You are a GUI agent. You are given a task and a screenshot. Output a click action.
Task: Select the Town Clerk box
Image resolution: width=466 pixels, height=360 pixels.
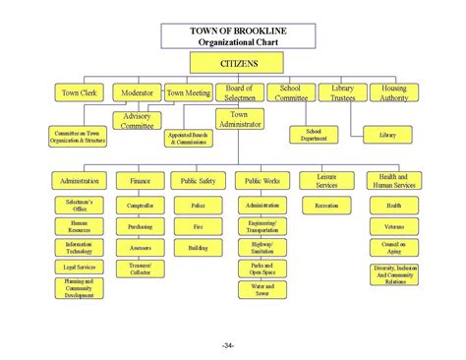81,93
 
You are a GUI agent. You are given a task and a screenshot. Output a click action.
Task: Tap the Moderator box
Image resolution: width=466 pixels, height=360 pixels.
137,93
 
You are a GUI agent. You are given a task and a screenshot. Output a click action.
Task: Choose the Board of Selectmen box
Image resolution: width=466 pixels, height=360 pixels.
240,93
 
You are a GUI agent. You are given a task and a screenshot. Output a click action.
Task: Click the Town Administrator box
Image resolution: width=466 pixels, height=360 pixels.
240,120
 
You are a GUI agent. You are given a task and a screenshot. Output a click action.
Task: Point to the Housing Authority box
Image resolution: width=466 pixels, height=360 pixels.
394,93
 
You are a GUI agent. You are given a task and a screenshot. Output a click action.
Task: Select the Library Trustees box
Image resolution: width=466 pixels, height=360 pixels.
342,93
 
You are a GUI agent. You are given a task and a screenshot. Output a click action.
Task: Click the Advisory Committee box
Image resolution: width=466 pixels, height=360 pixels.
137,120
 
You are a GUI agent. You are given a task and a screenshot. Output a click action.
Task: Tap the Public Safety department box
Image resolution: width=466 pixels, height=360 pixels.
198,180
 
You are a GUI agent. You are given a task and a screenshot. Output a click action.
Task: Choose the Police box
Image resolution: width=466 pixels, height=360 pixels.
198,206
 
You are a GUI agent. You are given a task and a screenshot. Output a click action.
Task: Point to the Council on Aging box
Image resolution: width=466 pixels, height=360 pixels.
394,247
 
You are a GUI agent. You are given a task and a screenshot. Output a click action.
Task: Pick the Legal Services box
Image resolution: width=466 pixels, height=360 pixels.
79,267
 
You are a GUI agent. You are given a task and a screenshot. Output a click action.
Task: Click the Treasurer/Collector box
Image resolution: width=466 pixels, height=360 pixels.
140,269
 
